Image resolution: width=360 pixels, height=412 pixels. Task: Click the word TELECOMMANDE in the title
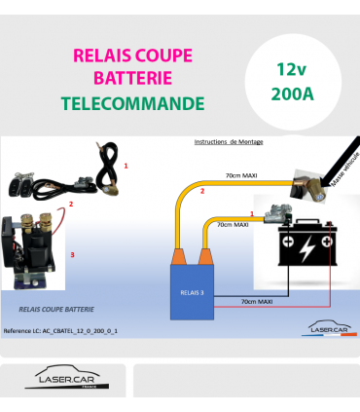pos(132,102)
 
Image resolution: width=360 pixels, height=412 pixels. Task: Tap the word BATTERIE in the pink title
pos(132,77)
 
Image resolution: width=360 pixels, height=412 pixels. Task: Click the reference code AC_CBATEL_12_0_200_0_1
pos(61,331)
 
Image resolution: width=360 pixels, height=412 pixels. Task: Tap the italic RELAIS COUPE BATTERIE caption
pos(56,308)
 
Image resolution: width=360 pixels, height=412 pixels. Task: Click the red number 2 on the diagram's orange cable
pos(201,192)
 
